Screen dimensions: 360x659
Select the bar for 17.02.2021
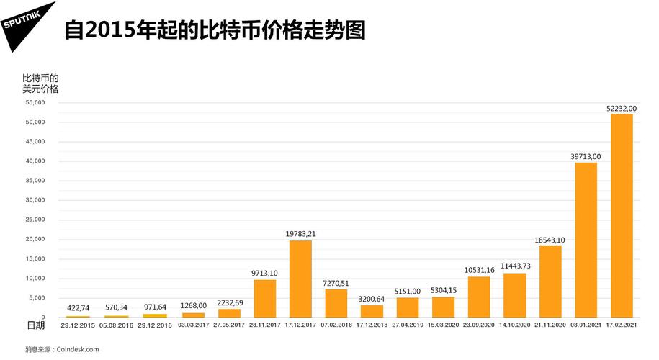click(x=622, y=215)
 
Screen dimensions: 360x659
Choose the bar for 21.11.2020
click(x=550, y=281)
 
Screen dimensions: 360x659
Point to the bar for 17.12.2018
click(x=372, y=311)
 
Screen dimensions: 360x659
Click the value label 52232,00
click(x=622, y=108)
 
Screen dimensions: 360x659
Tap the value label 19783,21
click(x=300, y=234)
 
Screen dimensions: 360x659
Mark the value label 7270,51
click(x=336, y=283)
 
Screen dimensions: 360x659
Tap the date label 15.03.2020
click(x=443, y=325)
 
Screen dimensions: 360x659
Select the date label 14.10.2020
click(x=514, y=325)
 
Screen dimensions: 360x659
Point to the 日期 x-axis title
click(x=35, y=325)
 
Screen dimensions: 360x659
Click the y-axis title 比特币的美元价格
click(x=40, y=83)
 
